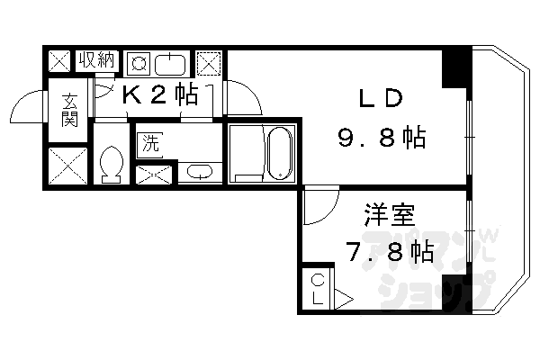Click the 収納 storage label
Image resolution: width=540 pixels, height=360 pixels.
97,61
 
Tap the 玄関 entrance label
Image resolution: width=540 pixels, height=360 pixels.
69,111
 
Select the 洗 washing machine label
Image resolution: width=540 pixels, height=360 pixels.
148,143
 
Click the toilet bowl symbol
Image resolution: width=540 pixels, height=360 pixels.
112,165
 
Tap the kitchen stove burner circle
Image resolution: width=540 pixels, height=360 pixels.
139,64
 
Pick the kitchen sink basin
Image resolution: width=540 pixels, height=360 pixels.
171,64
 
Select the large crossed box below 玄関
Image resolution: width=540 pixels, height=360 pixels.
67,165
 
